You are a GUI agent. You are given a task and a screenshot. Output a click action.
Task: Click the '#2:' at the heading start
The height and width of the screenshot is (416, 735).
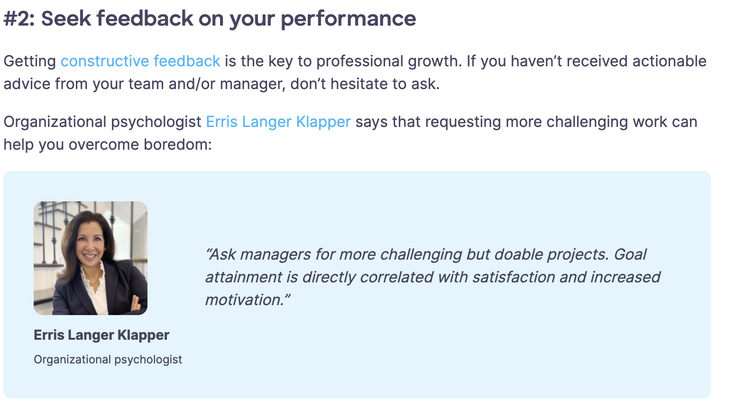pyautogui.click(x=19, y=19)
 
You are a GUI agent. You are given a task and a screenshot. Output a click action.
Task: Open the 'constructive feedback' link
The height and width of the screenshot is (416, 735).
pyautogui.click(x=140, y=61)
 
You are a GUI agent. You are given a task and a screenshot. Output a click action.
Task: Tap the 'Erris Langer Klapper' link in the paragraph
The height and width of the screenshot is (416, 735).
pyautogui.click(x=278, y=122)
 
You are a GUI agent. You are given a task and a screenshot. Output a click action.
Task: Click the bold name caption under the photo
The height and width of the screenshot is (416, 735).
pyautogui.click(x=101, y=335)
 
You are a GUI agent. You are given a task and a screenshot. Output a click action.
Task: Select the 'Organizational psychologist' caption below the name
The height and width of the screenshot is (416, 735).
pyautogui.click(x=108, y=360)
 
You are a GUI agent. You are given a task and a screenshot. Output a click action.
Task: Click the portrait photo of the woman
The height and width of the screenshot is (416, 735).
pyautogui.click(x=91, y=258)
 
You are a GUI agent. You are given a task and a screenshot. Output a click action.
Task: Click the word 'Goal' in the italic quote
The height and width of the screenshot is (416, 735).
pyautogui.click(x=630, y=254)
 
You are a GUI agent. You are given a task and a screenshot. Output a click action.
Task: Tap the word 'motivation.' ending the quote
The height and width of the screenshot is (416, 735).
pyautogui.click(x=247, y=300)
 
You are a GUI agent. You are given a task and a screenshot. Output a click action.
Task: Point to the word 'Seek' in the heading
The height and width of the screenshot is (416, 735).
pyautogui.click(x=65, y=19)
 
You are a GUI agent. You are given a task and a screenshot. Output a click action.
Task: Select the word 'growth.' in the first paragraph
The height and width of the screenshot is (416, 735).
pyautogui.click(x=435, y=61)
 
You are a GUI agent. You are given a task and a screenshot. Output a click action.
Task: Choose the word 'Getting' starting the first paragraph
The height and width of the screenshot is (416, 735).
pyautogui.click(x=30, y=61)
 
